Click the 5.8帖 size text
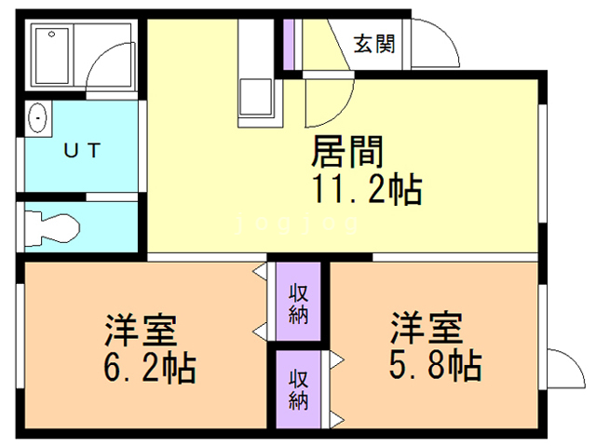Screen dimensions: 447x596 pyautogui.click(x=435, y=363)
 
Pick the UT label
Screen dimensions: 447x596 pyautogui.click(x=82, y=149)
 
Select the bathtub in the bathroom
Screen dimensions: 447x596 pyautogui.click(x=52, y=57)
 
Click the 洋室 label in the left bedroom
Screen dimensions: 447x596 pyautogui.click(x=142, y=331)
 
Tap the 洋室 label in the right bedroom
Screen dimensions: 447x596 pyautogui.click(x=427, y=328)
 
